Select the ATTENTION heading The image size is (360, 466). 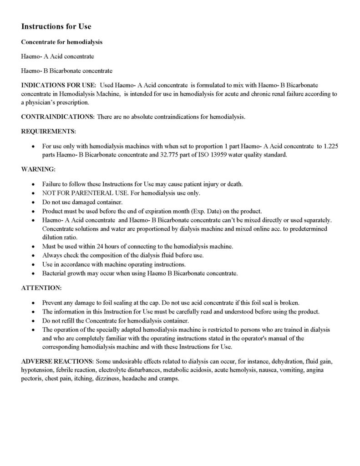(41, 288)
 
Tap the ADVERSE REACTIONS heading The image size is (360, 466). (58, 361)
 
